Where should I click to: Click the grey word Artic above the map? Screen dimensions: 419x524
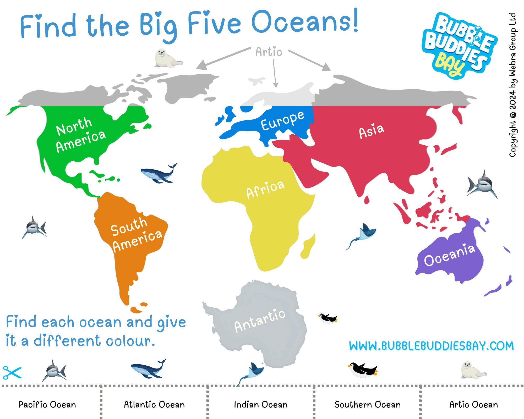coord(269,52)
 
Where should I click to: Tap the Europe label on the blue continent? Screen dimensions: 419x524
coord(283,120)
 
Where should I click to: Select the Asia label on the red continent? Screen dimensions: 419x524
coord(371,131)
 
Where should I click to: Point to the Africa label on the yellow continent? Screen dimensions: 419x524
coord(265,189)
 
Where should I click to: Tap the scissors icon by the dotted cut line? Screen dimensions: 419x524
coord(12,373)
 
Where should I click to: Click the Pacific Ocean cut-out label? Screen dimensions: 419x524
coord(47,405)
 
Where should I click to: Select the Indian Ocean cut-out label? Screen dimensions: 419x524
coord(261,405)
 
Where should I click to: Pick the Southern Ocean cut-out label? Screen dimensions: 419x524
coord(368,405)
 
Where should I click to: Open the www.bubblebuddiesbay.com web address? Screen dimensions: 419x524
coord(431,346)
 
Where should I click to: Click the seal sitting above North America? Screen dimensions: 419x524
coord(167,58)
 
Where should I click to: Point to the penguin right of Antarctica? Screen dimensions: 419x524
coord(327,318)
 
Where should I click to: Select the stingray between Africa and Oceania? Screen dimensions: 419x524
coord(364,234)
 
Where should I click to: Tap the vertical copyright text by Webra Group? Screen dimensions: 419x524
coord(512,85)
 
